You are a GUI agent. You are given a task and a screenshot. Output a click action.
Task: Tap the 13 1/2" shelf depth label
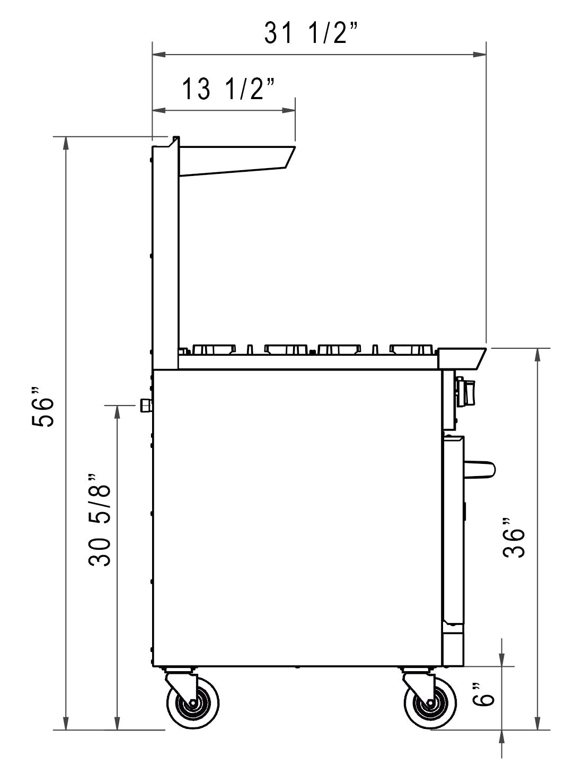pyautogui.click(x=229, y=89)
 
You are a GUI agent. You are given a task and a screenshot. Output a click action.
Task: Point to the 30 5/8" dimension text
pyautogui.click(x=100, y=520)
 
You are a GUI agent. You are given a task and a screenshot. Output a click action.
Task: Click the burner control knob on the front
pyautogui.click(x=466, y=391)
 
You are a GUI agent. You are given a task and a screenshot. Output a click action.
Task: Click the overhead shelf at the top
pyautogui.click(x=236, y=159)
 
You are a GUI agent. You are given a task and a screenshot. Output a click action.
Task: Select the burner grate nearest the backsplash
pyautogui.click(x=215, y=349)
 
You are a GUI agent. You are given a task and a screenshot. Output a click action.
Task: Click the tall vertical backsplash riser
pyautogui.click(x=165, y=254)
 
